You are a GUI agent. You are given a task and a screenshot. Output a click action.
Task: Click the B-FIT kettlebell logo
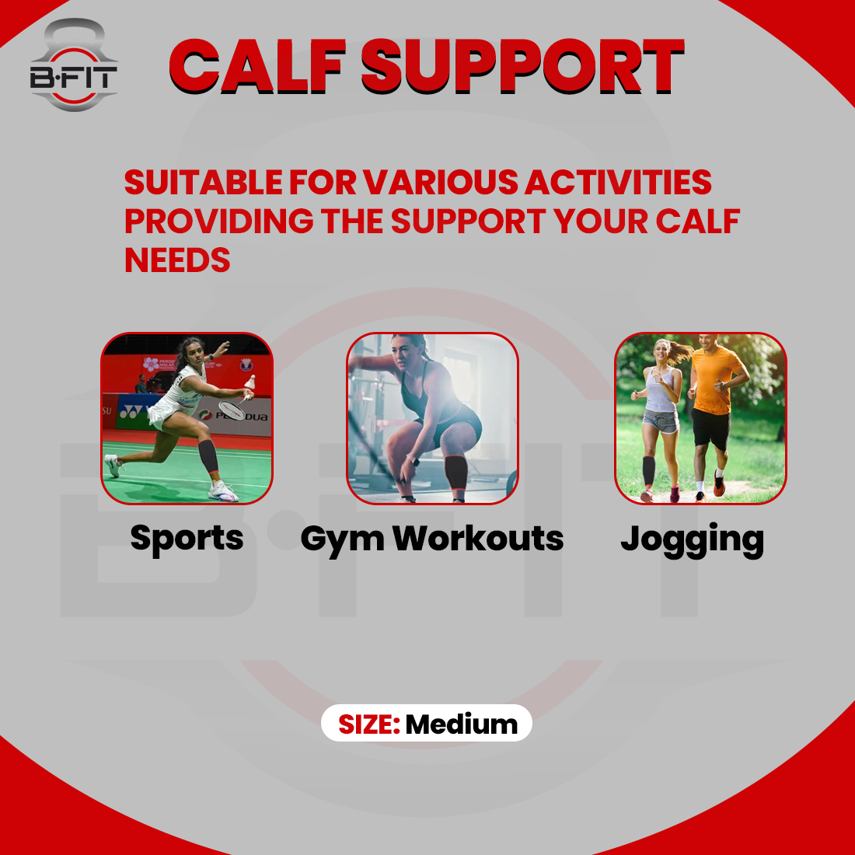click(x=74, y=66)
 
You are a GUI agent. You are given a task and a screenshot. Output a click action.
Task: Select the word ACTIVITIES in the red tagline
click(x=618, y=183)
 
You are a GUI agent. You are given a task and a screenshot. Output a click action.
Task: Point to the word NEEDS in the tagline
click(x=177, y=260)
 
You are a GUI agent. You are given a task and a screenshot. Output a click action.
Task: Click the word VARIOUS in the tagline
click(x=442, y=183)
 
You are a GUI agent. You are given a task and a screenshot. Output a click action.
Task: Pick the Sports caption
click(x=187, y=539)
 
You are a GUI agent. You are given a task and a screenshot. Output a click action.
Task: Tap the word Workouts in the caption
click(x=478, y=538)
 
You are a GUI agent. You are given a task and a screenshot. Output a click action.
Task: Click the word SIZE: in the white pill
click(x=368, y=724)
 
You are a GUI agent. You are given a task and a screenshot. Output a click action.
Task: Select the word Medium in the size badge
click(x=461, y=724)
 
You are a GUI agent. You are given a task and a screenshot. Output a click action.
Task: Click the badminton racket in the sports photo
click(x=232, y=407)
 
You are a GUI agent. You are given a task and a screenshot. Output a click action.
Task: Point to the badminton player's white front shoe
click(x=223, y=491)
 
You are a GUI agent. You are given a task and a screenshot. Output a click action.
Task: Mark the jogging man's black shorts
click(x=710, y=429)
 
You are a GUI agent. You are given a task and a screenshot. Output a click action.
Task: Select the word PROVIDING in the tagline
click(x=218, y=222)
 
